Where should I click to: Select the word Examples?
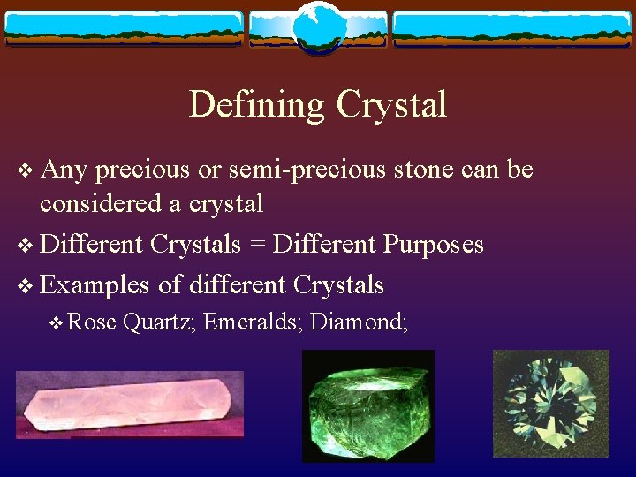[95, 284]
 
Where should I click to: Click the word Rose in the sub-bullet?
[92, 323]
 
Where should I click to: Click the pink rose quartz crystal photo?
[129, 405]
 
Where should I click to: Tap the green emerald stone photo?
[368, 405]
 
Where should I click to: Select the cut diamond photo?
[551, 404]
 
